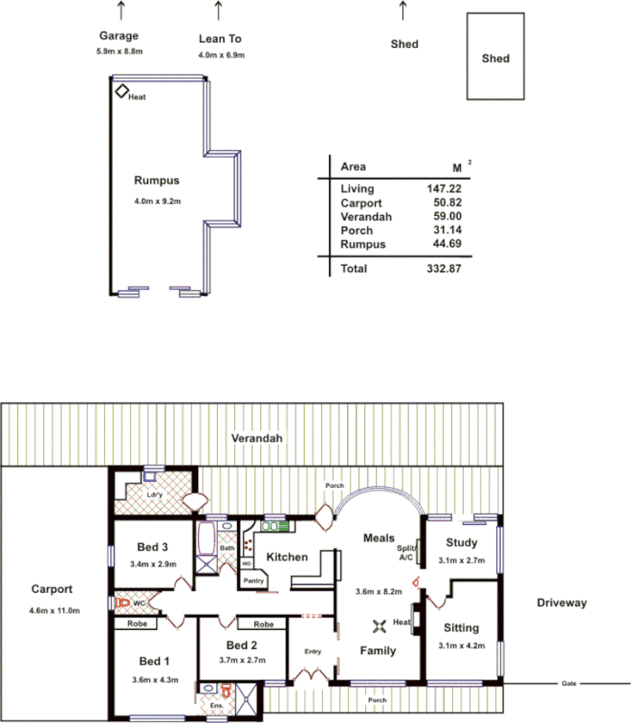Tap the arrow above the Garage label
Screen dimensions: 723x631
[x=121, y=11]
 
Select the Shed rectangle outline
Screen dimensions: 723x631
[x=494, y=57]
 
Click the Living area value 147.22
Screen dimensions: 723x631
[x=444, y=189]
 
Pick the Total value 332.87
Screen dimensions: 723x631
[x=444, y=268]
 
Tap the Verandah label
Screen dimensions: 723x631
[x=257, y=438]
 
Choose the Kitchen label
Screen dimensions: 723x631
[x=287, y=557]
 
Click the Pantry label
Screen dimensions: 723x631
[x=253, y=581]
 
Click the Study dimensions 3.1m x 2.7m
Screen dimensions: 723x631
[x=460, y=561]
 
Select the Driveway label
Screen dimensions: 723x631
[x=561, y=603]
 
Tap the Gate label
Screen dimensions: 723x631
[x=570, y=683]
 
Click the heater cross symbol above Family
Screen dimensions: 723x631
[x=380, y=624]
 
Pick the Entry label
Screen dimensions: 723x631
[x=313, y=652]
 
